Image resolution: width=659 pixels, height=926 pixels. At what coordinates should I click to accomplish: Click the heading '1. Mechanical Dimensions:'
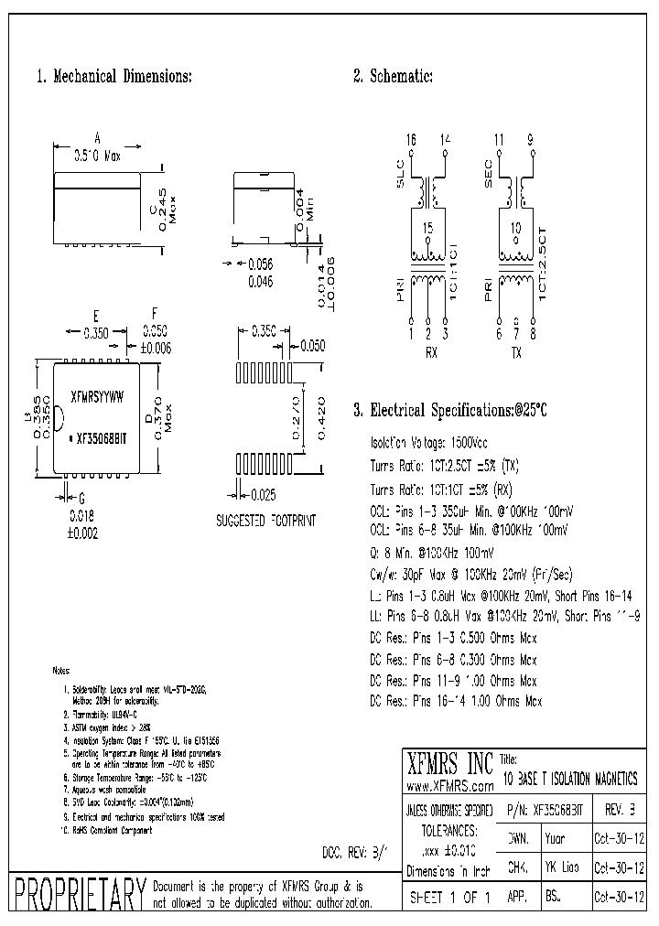pyautogui.click(x=113, y=77)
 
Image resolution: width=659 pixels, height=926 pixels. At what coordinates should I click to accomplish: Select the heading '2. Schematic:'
pyautogui.click(x=393, y=77)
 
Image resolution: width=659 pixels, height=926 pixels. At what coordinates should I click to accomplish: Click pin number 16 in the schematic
pyautogui.click(x=412, y=138)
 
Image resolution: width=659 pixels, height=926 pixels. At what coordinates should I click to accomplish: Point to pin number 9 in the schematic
pyautogui.click(x=532, y=138)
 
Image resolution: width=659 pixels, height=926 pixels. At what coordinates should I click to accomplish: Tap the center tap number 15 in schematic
pyautogui.click(x=427, y=227)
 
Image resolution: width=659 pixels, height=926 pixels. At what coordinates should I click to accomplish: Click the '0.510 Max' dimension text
pyautogui.click(x=97, y=156)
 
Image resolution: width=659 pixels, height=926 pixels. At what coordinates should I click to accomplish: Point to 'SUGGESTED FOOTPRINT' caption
pyautogui.click(x=265, y=519)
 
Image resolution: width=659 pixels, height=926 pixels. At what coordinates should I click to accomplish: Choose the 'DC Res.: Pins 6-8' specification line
pyautogui.click(x=453, y=659)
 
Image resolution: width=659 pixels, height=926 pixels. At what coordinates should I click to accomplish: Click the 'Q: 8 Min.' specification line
pyautogui.click(x=432, y=552)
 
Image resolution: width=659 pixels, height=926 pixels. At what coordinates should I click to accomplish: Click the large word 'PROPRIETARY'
pyautogui.click(x=76, y=895)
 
